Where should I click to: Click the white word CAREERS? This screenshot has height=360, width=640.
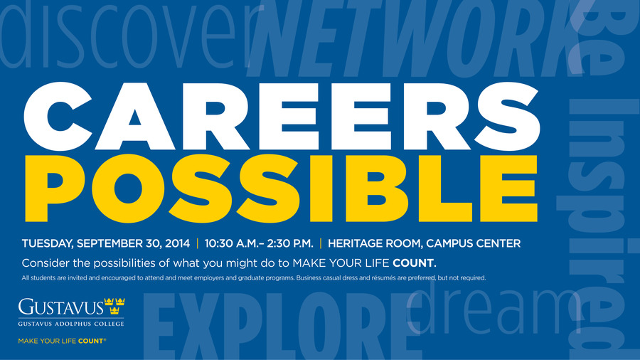click(282, 117)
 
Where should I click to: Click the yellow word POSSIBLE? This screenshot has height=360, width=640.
click(281, 189)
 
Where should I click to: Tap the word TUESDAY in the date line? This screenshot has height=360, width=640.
click(48, 243)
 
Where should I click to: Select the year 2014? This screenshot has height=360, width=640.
click(177, 243)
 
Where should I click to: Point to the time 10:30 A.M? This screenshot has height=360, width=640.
click(231, 243)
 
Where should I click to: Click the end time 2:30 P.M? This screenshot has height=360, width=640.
click(290, 243)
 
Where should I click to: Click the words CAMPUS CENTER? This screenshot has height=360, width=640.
click(474, 243)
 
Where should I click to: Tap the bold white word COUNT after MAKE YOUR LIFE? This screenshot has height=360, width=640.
click(413, 263)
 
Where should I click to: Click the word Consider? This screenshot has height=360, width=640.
click(42, 263)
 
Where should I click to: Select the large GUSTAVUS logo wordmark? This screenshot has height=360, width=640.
click(61, 307)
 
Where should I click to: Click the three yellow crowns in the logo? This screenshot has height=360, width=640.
click(114, 306)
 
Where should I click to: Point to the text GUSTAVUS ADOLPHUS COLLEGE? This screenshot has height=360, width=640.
click(71, 324)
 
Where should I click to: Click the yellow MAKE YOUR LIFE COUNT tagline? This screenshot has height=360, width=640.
click(62, 341)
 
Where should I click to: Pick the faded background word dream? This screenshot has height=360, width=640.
click(494, 310)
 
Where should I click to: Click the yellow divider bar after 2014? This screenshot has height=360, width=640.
click(198, 243)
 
